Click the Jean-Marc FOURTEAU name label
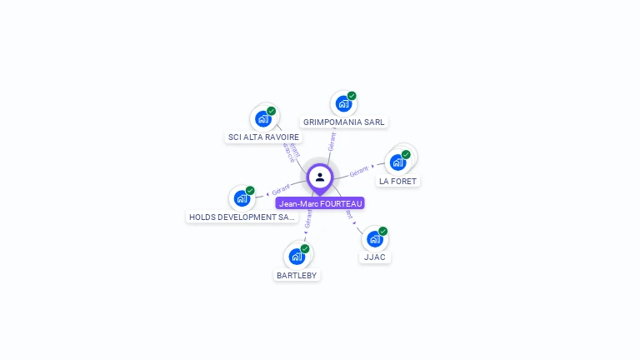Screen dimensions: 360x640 [320, 203]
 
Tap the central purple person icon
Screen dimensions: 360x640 [320, 177]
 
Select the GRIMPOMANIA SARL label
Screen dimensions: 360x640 [343, 122]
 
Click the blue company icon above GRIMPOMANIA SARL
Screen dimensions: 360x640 [342, 105]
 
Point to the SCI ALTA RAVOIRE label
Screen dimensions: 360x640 [263, 137]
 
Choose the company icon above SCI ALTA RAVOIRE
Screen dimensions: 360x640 [262, 118]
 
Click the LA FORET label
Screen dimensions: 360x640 [397, 181]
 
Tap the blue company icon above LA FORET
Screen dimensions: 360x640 [397, 162]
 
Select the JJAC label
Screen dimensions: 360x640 [375, 257]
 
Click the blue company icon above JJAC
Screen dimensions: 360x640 [374, 239]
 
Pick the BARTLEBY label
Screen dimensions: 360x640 [297, 275]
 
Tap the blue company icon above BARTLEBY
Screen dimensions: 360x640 [296, 257]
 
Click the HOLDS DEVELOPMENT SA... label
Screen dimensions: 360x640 [242, 217]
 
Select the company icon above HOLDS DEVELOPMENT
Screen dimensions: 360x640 [241, 198]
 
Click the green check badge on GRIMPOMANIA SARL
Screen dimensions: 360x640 [352, 96]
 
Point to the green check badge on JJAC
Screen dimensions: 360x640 [383, 231]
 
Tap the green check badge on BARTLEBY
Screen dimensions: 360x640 [305, 248]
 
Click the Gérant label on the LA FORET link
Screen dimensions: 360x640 [359, 171]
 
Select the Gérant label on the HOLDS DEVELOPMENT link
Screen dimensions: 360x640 [280, 191]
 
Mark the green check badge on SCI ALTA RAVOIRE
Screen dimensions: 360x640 [272, 110]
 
